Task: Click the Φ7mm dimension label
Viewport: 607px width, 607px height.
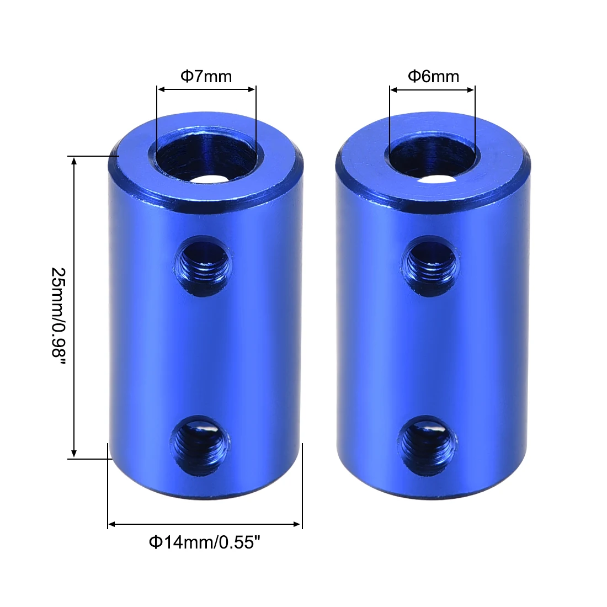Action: (206, 76)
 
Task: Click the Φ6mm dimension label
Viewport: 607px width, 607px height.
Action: (433, 76)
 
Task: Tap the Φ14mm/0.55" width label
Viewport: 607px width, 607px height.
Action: (204, 542)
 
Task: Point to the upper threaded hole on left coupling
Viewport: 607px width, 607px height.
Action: (203, 265)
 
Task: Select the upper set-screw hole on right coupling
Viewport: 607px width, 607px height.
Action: (429, 265)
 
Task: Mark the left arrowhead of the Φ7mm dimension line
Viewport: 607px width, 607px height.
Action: (161, 89)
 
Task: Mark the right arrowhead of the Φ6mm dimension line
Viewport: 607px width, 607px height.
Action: (471, 89)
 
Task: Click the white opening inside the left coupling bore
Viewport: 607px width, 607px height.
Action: (213, 179)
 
